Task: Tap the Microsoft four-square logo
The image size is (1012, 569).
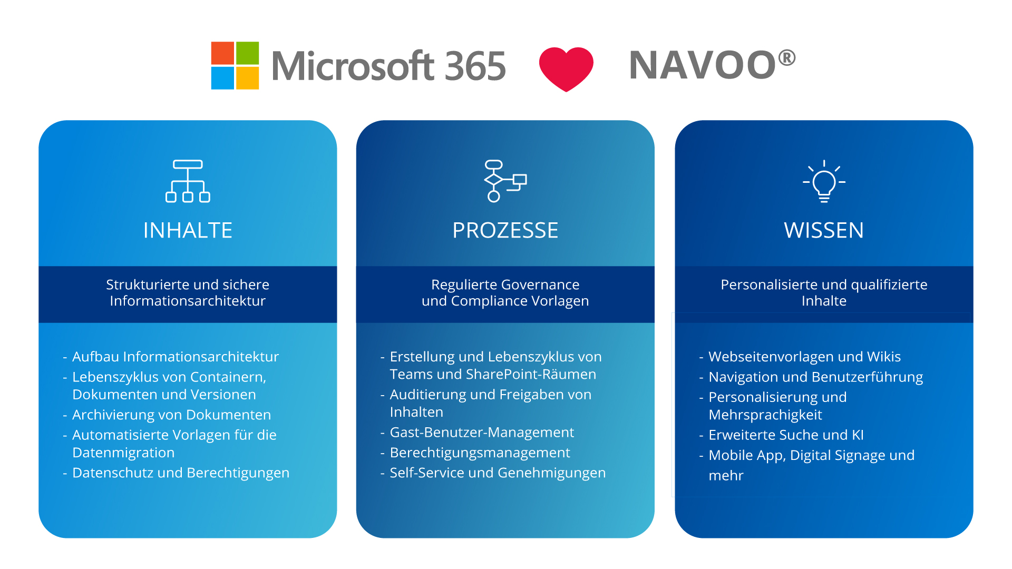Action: point(235,65)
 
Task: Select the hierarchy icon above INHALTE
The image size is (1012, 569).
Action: point(188,181)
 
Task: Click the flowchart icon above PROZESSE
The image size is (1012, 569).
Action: point(505,181)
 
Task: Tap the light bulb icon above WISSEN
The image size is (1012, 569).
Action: point(824,181)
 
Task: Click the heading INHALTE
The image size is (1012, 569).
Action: point(188,230)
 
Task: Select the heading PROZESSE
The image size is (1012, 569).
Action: point(505,230)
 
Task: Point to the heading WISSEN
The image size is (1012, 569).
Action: point(824,230)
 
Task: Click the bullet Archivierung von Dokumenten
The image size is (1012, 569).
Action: point(171,415)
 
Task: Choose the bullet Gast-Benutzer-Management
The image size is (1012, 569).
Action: point(482,432)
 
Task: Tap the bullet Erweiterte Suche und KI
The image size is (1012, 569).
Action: point(786,435)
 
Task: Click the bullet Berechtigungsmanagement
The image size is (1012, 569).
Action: point(480,453)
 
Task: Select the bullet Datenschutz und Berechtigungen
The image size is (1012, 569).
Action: point(181,473)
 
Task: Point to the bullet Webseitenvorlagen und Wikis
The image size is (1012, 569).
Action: point(804,357)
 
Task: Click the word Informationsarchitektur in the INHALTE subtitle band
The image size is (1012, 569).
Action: point(188,301)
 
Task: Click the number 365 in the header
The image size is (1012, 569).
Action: point(475,66)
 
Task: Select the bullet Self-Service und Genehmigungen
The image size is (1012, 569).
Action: point(498,473)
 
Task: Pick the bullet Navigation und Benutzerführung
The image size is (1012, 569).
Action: point(815,377)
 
